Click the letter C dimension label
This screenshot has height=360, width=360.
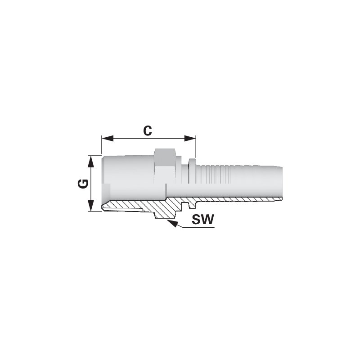pyautogui.click(x=148, y=131)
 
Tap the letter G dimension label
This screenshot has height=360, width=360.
pyautogui.click(x=83, y=184)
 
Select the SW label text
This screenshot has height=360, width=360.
pyautogui.click(x=203, y=219)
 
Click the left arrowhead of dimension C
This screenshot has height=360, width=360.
pyautogui.click(x=108, y=139)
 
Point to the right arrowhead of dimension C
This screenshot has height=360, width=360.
pyautogui.click(x=190, y=139)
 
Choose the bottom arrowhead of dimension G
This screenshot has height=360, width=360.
pyautogui.click(x=91, y=206)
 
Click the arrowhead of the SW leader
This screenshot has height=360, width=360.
pyautogui.click(x=173, y=223)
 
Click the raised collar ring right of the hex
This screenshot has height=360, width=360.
pyautogui.click(x=192, y=171)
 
